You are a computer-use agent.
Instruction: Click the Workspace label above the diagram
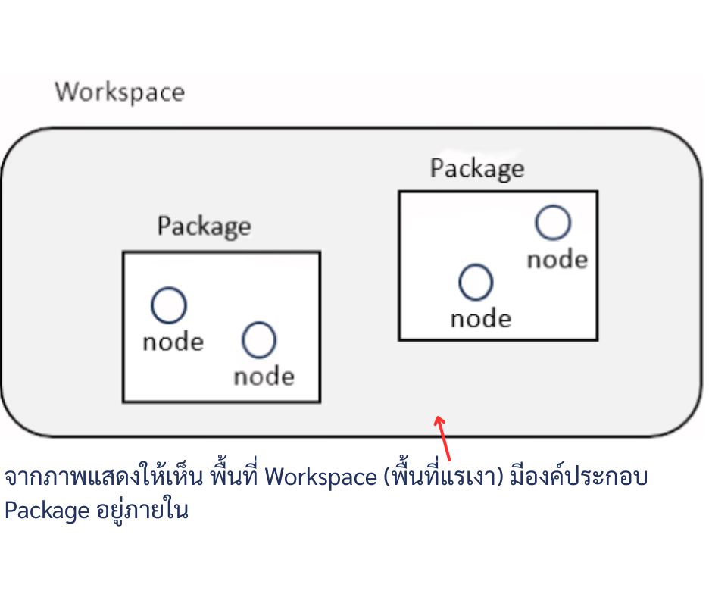(120, 92)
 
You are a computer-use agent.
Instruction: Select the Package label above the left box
(204, 226)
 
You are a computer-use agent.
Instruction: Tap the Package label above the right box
(476, 167)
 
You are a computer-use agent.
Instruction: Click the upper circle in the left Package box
(168, 305)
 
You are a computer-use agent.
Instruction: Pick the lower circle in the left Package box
(258, 339)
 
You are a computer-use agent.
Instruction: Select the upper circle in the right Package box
(552, 223)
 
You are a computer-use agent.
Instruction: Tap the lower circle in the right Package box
(476, 282)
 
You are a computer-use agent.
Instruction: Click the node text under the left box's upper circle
(173, 342)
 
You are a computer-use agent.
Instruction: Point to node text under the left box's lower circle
(264, 377)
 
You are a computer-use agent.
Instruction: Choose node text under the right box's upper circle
(557, 259)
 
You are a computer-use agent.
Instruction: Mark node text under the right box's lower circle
(480, 318)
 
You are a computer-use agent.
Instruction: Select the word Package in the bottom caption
(47, 510)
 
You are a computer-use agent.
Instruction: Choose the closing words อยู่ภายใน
(142, 510)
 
